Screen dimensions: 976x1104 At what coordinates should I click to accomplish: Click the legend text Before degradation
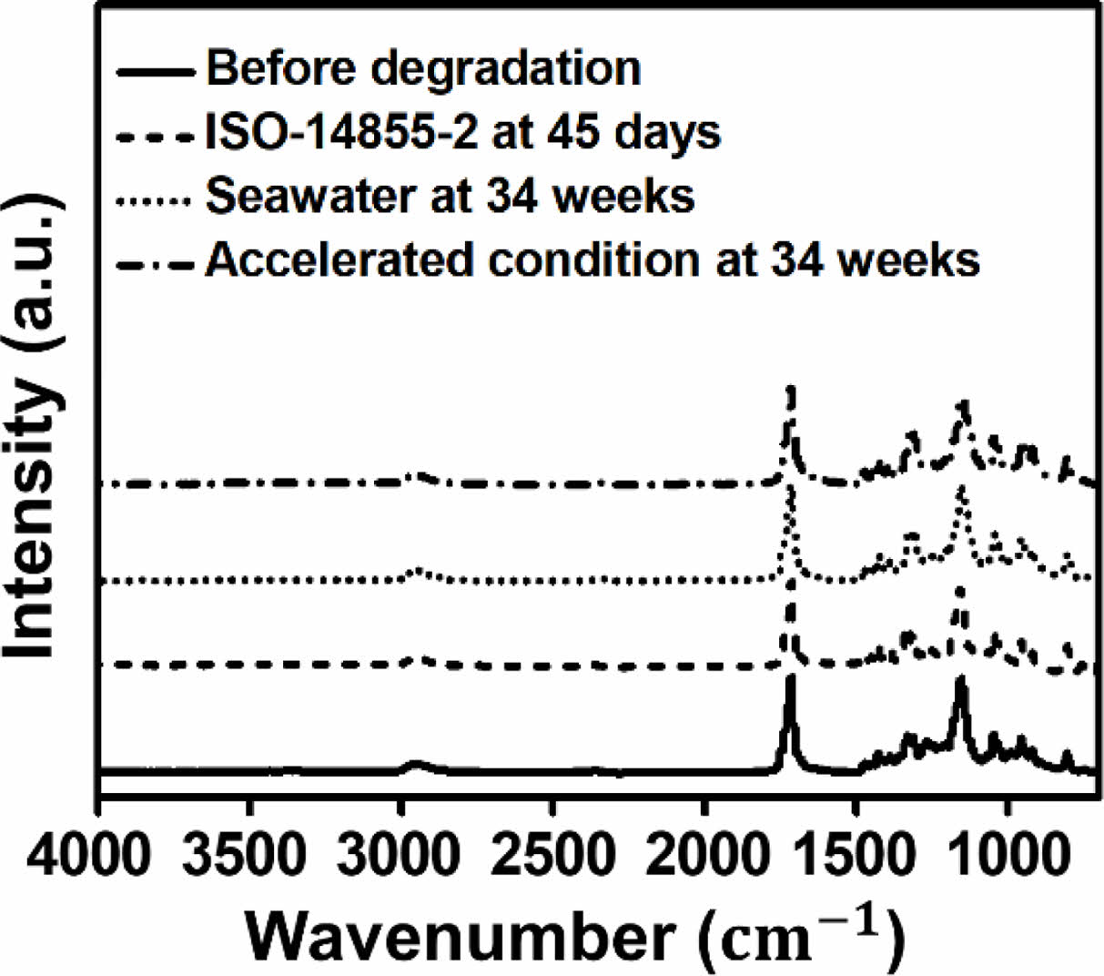[423, 69]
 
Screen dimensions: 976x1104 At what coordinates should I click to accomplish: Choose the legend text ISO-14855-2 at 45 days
[462, 133]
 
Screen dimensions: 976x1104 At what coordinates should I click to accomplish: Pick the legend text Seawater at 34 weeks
[450, 196]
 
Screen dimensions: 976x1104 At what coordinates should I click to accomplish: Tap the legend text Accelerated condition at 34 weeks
[593, 260]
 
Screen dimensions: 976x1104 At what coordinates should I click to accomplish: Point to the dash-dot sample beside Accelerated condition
[156, 265]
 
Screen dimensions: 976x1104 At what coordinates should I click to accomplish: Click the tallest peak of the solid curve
[791, 679]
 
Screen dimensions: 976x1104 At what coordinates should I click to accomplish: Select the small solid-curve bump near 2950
[416, 764]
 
